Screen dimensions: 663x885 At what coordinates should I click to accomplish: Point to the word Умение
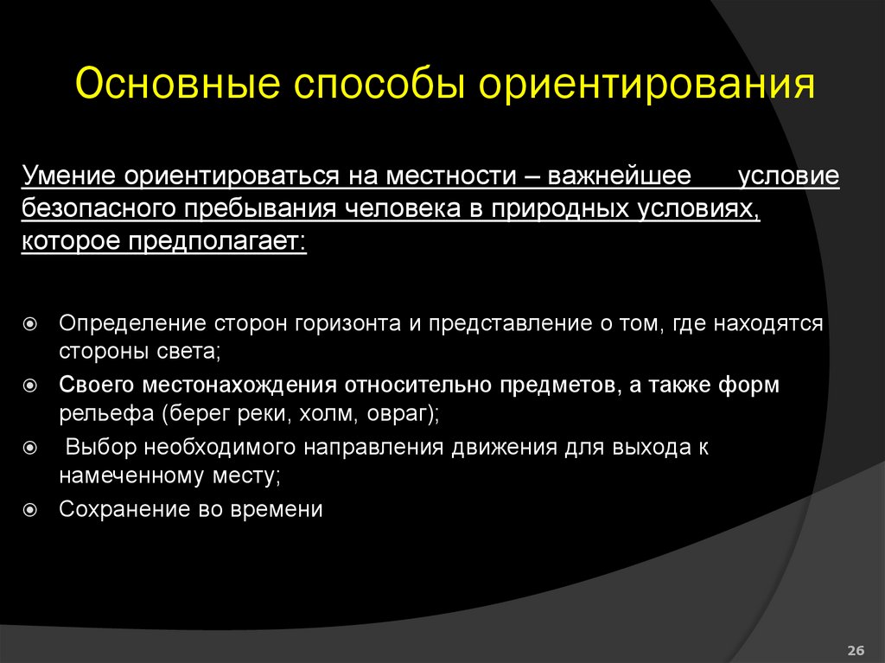pos(70,175)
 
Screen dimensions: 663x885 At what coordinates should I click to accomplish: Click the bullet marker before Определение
pos(29,324)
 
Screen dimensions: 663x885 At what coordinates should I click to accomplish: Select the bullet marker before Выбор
pos(29,448)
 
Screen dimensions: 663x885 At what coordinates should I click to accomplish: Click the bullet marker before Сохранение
pos(29,510)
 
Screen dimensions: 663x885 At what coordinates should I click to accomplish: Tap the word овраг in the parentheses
pos(395,415)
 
